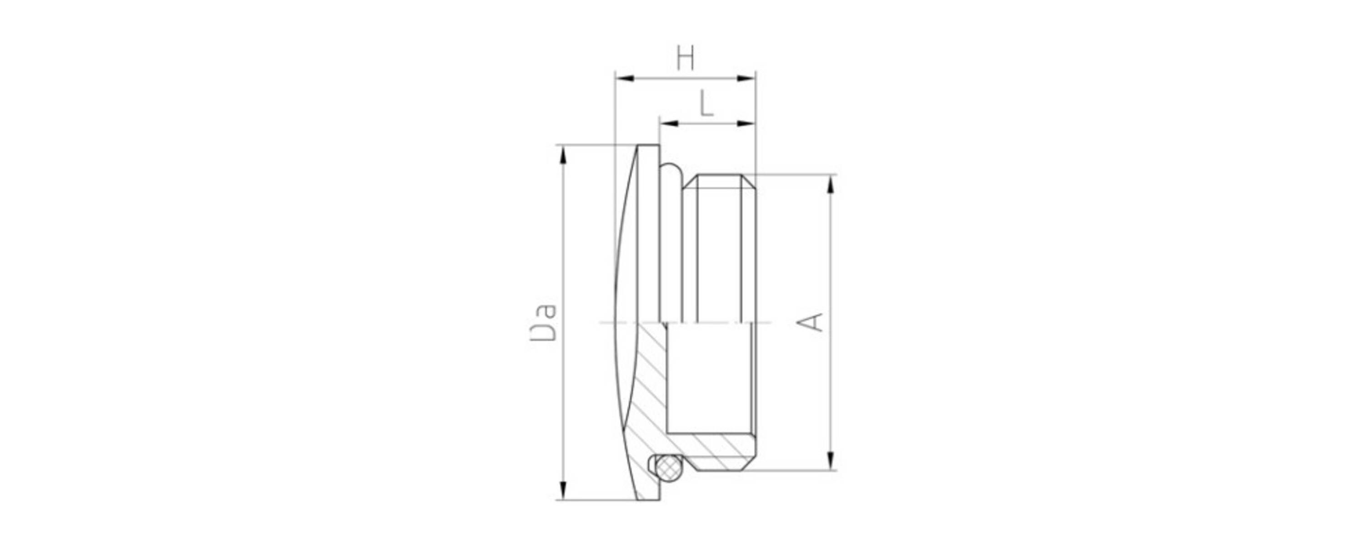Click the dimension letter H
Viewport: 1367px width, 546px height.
pyautogui.click(x=685, y=58)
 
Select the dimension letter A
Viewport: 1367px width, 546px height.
pyautogui.click(x=811, y=323)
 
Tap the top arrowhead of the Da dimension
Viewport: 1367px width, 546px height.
pyautogui.click(x=564, y=155)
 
